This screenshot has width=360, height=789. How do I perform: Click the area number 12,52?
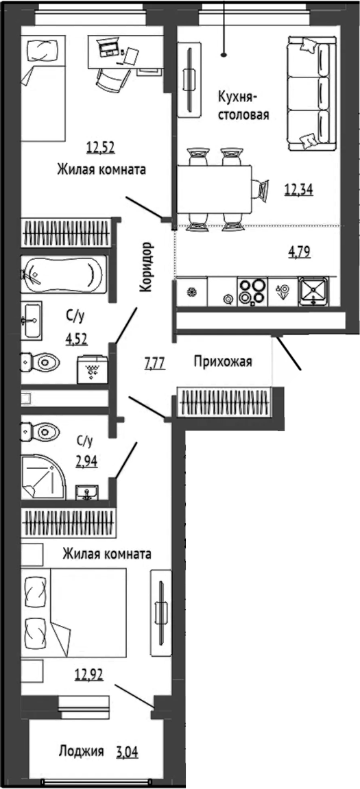tap(101, 148)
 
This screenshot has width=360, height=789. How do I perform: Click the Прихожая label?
tap(223, 361)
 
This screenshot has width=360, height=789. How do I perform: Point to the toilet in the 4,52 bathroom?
tap(40, 361)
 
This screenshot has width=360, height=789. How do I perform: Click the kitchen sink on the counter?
tap(313, 291)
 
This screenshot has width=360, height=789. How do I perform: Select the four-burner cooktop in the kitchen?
tap(252, 291)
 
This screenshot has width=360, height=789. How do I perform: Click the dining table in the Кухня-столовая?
tap(214, 190)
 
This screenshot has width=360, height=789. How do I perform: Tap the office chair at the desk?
tap(112, 80)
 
